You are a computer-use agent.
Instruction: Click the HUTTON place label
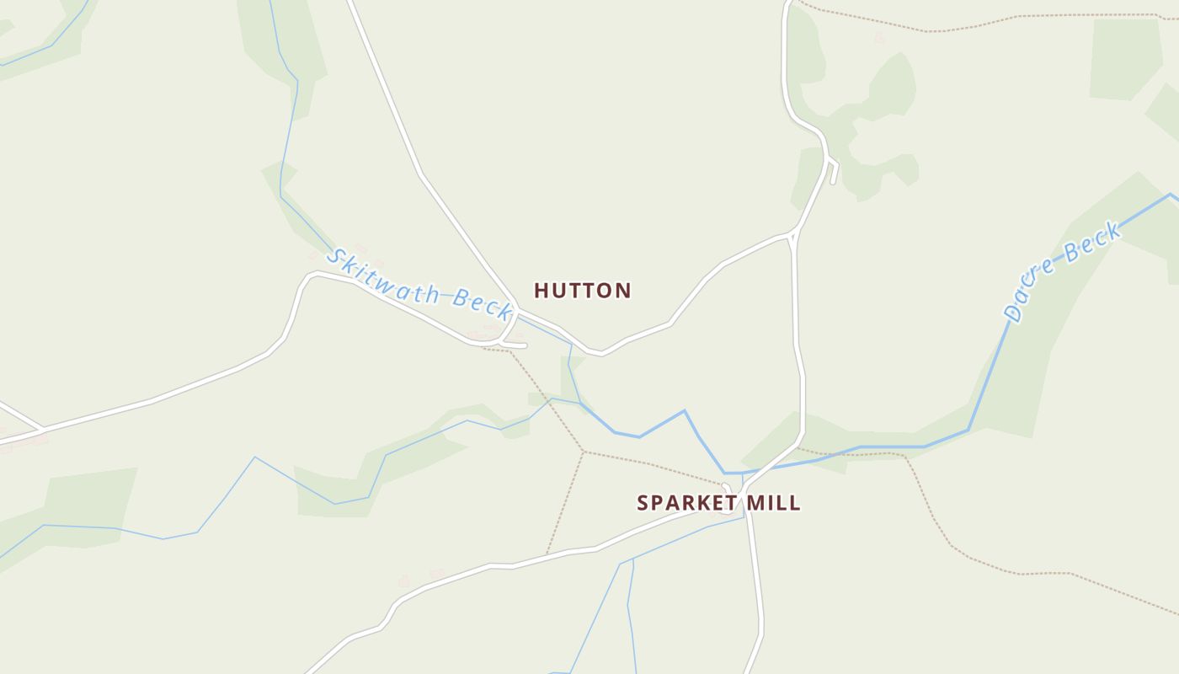582,291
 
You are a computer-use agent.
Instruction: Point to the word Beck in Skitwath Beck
483,303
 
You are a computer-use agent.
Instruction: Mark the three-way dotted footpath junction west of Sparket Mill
584,452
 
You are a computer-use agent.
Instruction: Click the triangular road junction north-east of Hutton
793,234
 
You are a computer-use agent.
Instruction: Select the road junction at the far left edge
40,430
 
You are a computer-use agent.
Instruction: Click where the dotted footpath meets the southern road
547,554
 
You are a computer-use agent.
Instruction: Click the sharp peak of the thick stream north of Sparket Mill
684,411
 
